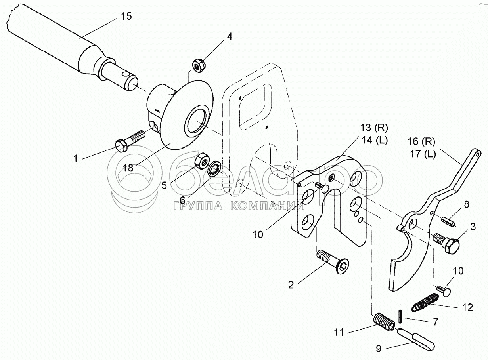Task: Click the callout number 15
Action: [x=126, y=17]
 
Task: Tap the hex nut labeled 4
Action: [x=198, y=65]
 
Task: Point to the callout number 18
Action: [x=128, y=168]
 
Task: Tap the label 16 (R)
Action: [x=423, y=141]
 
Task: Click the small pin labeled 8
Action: [x=449, y=220]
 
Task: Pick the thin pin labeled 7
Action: [x=400, y=316]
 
